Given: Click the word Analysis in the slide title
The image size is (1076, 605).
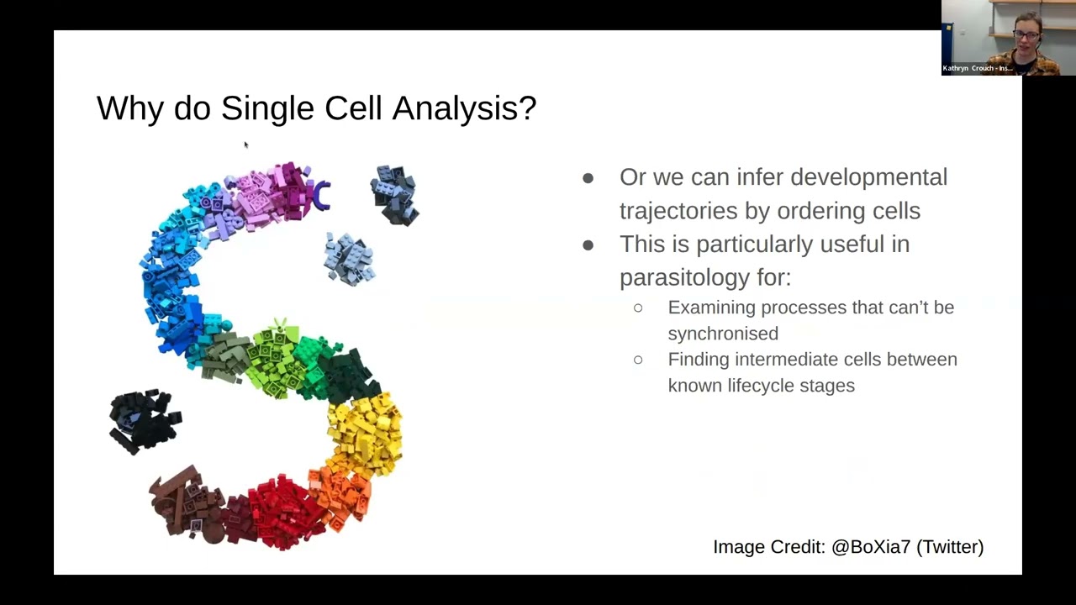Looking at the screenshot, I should click(x=463, y=108).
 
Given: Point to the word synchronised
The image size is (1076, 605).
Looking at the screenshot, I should click(x=723, y=334).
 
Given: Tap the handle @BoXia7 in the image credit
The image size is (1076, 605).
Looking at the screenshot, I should click(x=871, y=547).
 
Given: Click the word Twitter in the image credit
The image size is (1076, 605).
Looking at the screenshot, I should click(x=950, y=547).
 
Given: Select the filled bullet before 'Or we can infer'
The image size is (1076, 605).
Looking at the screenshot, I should click(x=588, y=177).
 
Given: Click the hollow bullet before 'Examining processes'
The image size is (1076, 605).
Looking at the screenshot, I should click(x=638, y=308).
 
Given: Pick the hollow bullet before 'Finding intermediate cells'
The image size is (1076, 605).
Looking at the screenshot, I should click(x=638, y=360).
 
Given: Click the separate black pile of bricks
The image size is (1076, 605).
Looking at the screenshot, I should click(x=144, y=420).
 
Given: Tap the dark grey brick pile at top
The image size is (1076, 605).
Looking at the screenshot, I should click(x=394, y=194).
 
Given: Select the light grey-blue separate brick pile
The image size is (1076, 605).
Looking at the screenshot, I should click(x=349, y=259).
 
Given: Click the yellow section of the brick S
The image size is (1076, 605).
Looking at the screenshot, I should click(x=366, y=433).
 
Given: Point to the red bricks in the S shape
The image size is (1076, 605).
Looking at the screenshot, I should click(x=282, y=508).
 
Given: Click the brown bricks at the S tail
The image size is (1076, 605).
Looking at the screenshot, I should click(x=185, y=502).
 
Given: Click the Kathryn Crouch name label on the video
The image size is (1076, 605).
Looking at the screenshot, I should click(x=978, y=68).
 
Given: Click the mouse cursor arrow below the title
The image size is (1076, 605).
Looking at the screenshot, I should click(x=245, y=145).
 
